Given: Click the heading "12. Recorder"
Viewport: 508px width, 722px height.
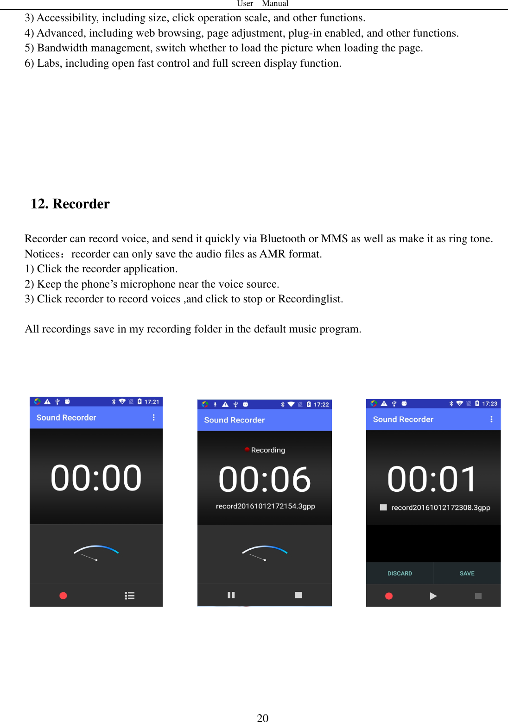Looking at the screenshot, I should pyautogui.click(x=70, y=204).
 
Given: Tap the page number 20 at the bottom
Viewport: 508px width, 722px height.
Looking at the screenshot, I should pyautogui.click(x=262, y=717).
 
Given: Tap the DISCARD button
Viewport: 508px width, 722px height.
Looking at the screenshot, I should pyautogui.click(x=400, y=573).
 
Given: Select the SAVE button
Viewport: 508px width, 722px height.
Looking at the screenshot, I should pyautogui.click(x=467, y=573).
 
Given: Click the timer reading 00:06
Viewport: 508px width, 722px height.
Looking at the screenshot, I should pyautogui.click(x=265, y=479).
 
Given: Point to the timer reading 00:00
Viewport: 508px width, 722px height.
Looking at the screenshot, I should pyautogui.click(x=96, y=478).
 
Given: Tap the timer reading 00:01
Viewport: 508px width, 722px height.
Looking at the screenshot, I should pyautogui.click(x=432, y=479).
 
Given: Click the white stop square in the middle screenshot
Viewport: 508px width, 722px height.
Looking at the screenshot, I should pyautogui.click(x=298, y=595).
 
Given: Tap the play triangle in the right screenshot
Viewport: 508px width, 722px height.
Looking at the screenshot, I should pyautogui.click(x=433, y=596).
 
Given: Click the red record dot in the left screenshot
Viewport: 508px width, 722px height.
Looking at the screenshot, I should pyautogui.click(x=63, y=596).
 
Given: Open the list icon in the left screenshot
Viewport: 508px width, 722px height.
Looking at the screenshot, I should pyautogui.click(x=130, y=596).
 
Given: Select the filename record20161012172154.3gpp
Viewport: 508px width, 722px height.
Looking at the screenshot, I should pyautogui.click(x=265, y=506).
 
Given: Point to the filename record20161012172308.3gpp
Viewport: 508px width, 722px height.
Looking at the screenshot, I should pyautogui.click(x=440, y=508).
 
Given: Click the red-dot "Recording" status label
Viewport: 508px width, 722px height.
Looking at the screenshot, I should pyautogui.click(x=266, y=450).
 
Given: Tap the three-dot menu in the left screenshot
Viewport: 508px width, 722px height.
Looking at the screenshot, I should pyautogui.click(x=153, y=417).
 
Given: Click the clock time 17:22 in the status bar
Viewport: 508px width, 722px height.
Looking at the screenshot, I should pyautogui.click(x=321, y=404).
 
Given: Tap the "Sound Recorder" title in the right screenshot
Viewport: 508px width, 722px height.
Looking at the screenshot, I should pyautogui.click(x=403, y=419).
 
